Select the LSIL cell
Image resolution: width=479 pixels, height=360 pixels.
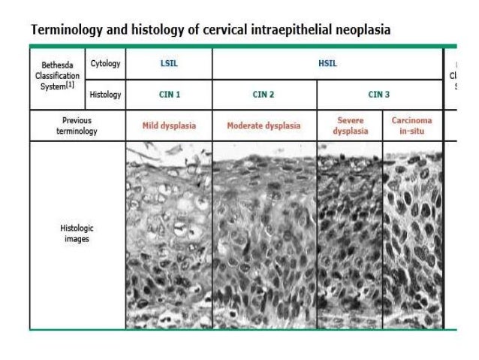pyautogui.click(x=169, y=65)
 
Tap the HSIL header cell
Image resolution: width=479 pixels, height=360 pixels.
pyautogui.click(x=328, y=65)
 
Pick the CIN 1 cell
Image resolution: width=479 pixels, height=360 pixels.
pyautogui.click(x=169, y=95)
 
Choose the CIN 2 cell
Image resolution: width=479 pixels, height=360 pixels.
pyautogui.click(x=264, y=95)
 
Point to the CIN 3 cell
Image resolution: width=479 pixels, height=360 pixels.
pyautogui.click(x=380, y=95)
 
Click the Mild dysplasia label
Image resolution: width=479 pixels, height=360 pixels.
pyautogui.click(x=169, y=126)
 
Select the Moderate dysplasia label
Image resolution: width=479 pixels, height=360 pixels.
pyautogui.click(x=264, y=126)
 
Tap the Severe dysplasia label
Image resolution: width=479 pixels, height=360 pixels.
pyautogui.click(x=350, y=126)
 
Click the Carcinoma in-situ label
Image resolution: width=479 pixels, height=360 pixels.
pyautogui.click(x=412, y=126)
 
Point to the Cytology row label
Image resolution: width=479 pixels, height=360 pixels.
pyautogui.click(x=105, y=65)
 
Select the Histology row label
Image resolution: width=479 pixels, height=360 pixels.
pyautogui.click(x=105, y=95)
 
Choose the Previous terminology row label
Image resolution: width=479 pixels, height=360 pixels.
pyautogui.click(x=77, y=126)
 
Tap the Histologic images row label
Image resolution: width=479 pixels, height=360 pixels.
pyautogui.click(x=77, y=233)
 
